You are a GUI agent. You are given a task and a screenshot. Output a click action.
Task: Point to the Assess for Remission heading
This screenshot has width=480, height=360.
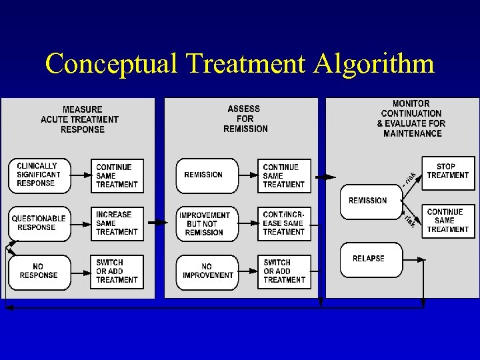[x=244, y=119]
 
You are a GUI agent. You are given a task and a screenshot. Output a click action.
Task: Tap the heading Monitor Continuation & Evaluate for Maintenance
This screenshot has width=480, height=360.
[x=411, y=119]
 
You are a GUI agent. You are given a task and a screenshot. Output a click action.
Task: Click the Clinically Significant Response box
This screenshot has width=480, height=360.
[x=39, y=175]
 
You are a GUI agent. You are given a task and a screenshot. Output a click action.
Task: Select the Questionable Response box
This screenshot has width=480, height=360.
[x=39, y=223]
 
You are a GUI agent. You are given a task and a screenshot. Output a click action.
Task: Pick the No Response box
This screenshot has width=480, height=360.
[x=39, y=271]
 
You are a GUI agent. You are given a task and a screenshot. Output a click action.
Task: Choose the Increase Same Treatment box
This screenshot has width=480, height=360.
[x=118, y=223]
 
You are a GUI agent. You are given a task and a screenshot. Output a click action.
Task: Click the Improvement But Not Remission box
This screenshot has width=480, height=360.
[x=206, y=223]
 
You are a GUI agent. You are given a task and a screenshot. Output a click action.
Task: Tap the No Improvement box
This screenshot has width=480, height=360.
[x=207, y=271]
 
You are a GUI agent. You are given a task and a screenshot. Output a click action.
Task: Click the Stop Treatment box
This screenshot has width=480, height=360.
[x=448, y=171]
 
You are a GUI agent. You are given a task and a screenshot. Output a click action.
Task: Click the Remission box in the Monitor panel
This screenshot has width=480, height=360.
[x=368, y=201]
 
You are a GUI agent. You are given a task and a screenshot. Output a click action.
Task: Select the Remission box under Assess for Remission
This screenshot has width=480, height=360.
[x=206, y=175]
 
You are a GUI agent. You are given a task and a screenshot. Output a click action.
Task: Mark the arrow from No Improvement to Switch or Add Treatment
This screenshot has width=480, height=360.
[x=247, y=271]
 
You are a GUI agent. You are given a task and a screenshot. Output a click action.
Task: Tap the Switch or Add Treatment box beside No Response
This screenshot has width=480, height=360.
[x=118, y=271]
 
